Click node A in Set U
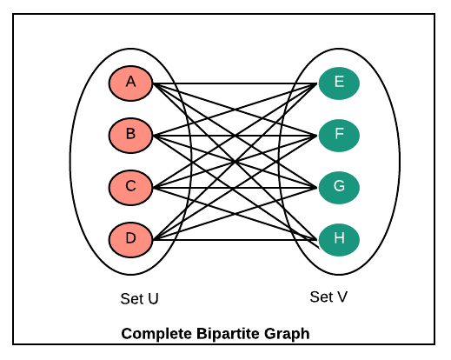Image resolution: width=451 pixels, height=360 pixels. click(130, 83)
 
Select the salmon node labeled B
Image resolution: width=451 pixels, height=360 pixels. click(130, 136)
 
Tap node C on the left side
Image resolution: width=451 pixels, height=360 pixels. click(130, 188)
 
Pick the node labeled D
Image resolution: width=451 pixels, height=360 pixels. click(130, 240)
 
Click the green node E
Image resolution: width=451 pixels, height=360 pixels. click(339, 83)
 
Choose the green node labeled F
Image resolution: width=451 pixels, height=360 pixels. click(339, 136)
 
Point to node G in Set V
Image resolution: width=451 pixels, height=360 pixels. click(339, 188)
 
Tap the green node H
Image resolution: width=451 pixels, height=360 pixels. click(339, 240)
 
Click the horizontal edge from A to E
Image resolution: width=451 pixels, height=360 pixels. click(235, 83)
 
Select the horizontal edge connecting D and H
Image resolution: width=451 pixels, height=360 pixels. click(235, 240)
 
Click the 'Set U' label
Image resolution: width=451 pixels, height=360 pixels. click(139, 298)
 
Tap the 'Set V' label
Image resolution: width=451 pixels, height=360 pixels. click(328, 297)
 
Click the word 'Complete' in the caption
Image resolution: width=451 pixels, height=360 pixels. click(156, 334)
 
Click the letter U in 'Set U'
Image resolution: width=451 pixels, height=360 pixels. click(153, 299)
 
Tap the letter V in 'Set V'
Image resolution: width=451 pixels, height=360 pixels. click(342, 297)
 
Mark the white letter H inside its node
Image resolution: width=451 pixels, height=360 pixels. click(339, 238)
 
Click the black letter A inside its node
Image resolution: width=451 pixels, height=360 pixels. click(130, 82)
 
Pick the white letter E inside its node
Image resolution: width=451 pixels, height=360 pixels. click(339, 81)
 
